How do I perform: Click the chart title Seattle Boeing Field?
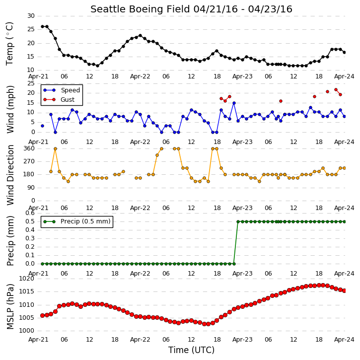click(141, 9)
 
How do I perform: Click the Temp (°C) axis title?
click(9, 44)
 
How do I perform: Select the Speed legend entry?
click(62, 90)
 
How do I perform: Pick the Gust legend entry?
click(59, 100)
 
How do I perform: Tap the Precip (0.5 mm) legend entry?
click(77, 221)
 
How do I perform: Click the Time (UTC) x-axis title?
click(191, 350)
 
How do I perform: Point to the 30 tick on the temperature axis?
click(31, 16)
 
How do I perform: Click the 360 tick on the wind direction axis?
click(29, 148)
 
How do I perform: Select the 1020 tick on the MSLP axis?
click(27, 279)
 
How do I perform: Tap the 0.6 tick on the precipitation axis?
click(30, 213)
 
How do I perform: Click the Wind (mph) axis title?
click(10, 110)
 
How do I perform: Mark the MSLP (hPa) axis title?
click(10, 307)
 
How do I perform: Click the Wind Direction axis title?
click(10, 175)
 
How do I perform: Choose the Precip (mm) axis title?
click(10, 241)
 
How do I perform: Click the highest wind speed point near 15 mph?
click(234, 103)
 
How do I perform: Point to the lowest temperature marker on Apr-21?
click(97, 66)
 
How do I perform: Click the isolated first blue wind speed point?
click(42, 126)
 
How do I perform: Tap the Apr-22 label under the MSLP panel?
click(140, 339)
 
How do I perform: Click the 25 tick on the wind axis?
click(31, 83)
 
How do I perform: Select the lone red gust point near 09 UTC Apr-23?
click(281, 101)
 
